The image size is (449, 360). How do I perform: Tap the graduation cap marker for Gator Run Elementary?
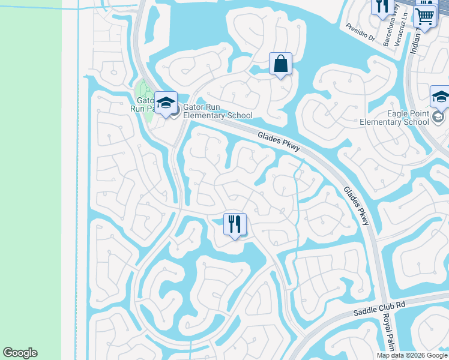point(166,102)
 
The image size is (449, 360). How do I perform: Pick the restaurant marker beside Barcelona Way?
point(381,7)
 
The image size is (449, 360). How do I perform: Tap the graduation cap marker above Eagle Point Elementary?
point(440,96)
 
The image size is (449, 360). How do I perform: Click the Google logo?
point(20,353)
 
